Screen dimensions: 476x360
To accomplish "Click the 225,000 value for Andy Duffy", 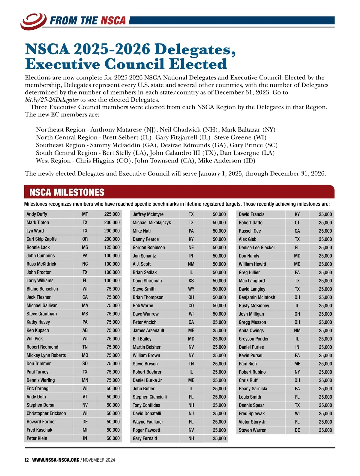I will [x=112, y=214].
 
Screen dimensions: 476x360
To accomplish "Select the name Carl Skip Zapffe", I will [x=41, y=239].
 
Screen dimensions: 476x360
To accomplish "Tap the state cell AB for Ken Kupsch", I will [x=85, y=330].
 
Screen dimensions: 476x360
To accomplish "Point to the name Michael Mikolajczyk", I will [x=152, y=222].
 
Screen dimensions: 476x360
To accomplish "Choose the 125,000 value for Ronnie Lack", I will [x=112, y=247].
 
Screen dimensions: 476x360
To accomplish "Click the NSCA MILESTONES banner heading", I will [x=67, y=192].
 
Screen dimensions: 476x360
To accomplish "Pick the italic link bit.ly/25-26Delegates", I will [x=52, y=100].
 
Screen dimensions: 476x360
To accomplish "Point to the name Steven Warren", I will [x=252, y=430].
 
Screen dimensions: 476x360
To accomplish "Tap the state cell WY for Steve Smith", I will [x=191, y=289].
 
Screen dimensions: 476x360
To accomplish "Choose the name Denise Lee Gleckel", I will [x=256, y=248].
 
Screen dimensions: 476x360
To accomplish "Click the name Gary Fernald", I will [x=145, y=438].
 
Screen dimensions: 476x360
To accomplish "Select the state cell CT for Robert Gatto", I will [x=297, y=223].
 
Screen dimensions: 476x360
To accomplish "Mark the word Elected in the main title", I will [x=198, y=64].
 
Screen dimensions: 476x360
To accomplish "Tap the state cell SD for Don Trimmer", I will [x=85, y=364].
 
